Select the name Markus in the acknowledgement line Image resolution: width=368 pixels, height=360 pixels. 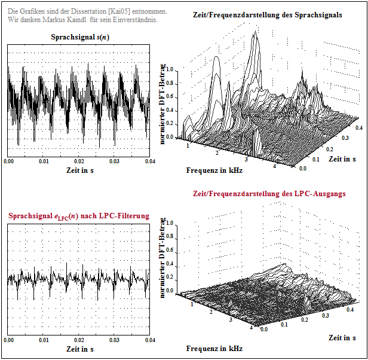(x=59, y=20)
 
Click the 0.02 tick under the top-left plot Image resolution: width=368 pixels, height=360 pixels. (x=79, y=161)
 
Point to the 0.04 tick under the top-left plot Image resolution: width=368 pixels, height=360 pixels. (x=149, y=161)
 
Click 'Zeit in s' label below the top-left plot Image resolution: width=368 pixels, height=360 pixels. (x=79, y=170)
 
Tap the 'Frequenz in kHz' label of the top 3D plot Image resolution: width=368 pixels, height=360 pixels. (x=214, y=170)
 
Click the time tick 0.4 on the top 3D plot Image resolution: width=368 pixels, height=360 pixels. (x=359, y=128)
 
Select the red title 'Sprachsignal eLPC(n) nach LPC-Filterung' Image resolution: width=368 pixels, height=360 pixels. (x=79, y=215)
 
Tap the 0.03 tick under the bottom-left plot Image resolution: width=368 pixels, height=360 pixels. (x=114, y=340)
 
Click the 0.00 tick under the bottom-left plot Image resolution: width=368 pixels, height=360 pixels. (x=9, y=340)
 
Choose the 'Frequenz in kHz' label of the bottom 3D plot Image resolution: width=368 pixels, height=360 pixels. (x=214, y=349)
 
